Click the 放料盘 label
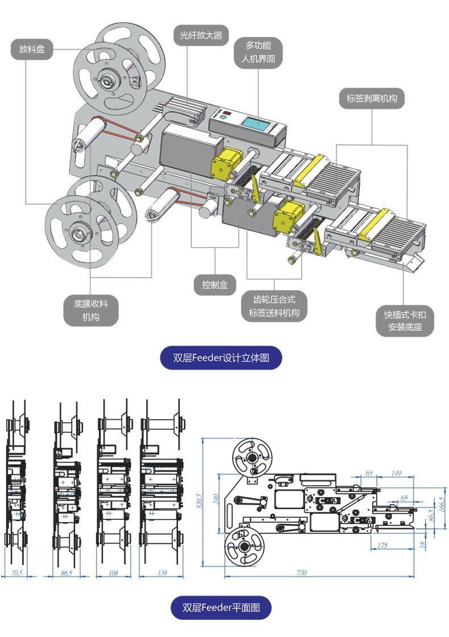click(x=32, y=49)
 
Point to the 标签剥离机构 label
click(x=372, y=98)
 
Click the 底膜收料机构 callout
click(x=90, y=310)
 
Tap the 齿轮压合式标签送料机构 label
click(x=274, y=306)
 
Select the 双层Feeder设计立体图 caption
click(x=221, y=358)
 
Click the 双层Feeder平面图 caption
click(x=221, y=607)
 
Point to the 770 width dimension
click(x=301, y=573)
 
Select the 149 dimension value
click(x=396, y=473)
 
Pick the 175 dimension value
click(x=383, y=546)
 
